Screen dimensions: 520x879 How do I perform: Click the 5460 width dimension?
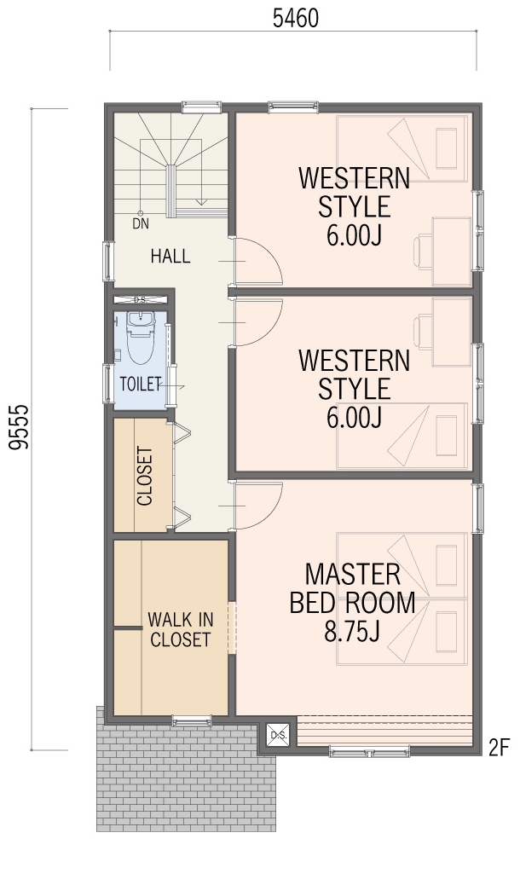click(x=295, y=19)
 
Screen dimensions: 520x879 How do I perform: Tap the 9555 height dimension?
click(x=19, y=426)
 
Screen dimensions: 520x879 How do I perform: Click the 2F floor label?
click(x=498, y=747)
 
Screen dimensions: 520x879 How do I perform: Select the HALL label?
click(x=170, y=256)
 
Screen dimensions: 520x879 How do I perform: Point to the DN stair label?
click(x=141, y=223)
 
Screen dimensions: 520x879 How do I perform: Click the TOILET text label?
click(x=141, y=384)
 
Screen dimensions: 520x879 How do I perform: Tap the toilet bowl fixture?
click(x=140, y=338)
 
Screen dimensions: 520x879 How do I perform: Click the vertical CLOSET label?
click(x=145, y=476)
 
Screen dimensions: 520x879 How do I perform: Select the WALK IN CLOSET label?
click(x=181, y=629)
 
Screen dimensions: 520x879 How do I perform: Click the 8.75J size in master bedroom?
click(x=352, y=631)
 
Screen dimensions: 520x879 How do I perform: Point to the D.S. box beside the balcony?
click(x=278, y=735)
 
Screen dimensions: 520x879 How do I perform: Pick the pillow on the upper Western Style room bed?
click(x=447, y=148)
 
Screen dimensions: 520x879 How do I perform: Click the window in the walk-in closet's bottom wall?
click(x=192, y=721)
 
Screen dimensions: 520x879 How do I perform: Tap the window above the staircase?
click(x=202, y=107)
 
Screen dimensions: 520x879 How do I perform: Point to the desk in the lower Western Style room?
click(x=452, y=332)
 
